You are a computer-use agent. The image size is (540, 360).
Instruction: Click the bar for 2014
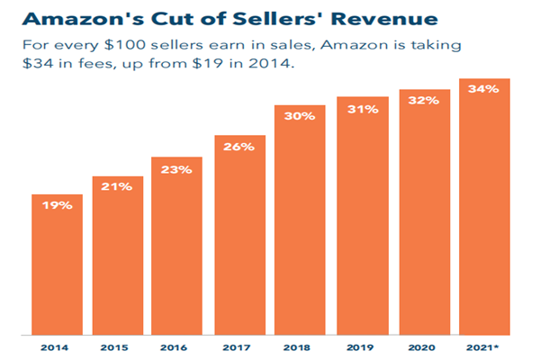pos(58,265)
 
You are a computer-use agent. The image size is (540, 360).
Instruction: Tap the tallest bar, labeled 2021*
pos(484,207)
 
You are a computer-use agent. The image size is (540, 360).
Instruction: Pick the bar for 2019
pos(363,216)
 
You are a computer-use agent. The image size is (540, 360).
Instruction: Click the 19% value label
pos(58,205)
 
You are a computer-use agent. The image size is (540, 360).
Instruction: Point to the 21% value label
pos(118,187)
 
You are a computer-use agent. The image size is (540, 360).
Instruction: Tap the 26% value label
pos(240,146)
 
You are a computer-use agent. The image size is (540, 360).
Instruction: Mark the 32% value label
pos(424,101)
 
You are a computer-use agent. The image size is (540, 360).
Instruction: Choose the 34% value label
pos(484,88)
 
